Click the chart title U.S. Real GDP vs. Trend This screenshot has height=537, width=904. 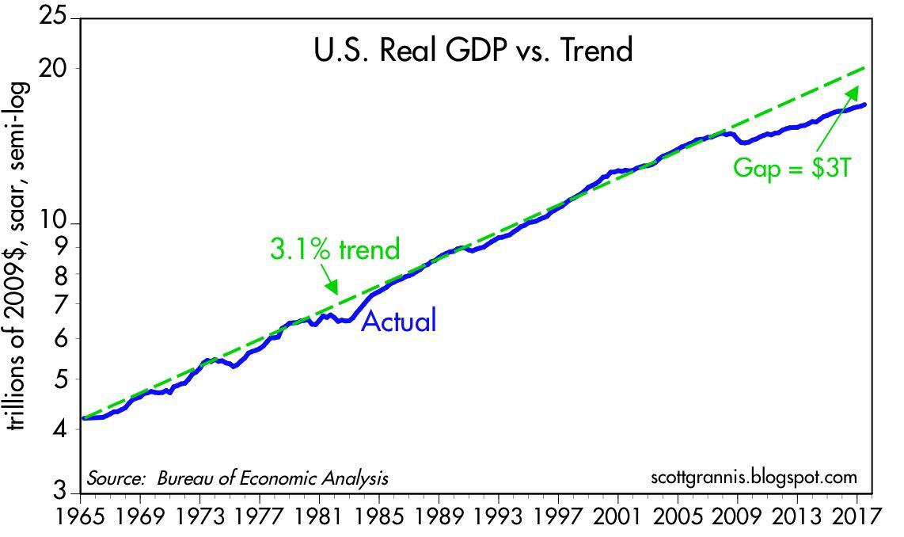coord(473,50)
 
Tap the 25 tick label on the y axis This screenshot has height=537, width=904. coord(54,16)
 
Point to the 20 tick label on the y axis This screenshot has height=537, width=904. coord(54,69)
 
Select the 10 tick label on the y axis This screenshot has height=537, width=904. coord(54,222)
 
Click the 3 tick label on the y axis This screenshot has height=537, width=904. coord(61,491)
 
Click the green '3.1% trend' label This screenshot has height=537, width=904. coord(334,249)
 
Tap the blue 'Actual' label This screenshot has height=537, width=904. coord(399,321)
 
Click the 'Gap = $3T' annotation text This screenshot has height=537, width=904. coord(792,168)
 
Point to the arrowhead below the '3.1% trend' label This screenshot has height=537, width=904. coord(332,288)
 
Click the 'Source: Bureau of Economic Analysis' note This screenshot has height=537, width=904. coord(237,478)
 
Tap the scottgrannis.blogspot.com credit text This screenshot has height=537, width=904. coord(754,478)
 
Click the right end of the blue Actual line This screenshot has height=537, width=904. coord(865,105)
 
